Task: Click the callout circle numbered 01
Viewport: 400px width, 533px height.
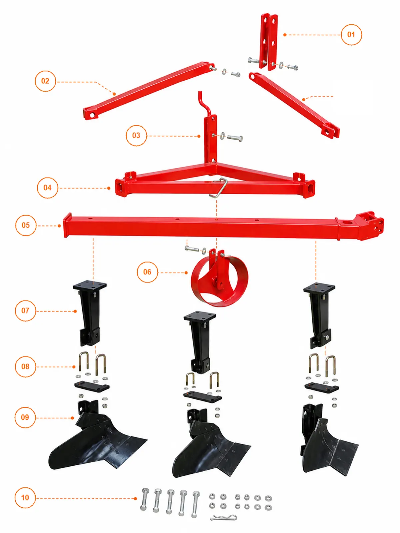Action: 351,35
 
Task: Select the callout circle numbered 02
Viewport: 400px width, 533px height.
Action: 45,81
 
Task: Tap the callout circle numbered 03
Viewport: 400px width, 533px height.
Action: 136,136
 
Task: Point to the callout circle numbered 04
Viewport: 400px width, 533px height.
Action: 47,188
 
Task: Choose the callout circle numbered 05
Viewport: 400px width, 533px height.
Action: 26,225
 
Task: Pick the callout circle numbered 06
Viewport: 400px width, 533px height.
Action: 147,272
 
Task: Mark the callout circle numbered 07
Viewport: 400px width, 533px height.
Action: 25,310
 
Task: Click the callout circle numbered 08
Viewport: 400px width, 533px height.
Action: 25,366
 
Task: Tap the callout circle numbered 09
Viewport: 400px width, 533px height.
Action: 25,417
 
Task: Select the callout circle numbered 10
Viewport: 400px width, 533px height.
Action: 25,498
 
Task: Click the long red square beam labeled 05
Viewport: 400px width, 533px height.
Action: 223,226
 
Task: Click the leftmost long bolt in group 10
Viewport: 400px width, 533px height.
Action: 144,499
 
